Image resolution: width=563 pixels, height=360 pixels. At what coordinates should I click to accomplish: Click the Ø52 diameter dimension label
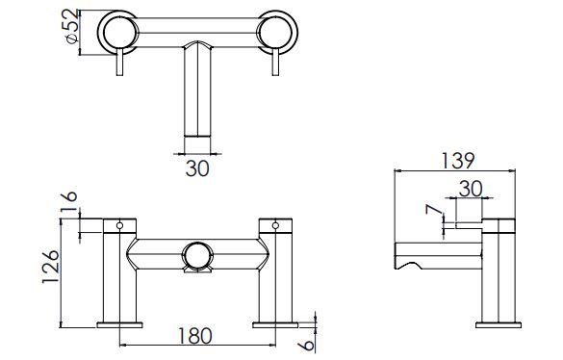[x=72, y=26]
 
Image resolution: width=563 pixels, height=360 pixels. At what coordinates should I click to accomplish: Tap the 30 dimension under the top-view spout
[x=197, y=168]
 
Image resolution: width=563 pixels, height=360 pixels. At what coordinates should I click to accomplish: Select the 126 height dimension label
[x=50, y=267]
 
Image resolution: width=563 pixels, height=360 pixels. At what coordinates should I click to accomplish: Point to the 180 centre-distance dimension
[x=195, y=336]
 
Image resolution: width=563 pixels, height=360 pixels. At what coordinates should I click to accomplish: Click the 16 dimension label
[x=68, y=201]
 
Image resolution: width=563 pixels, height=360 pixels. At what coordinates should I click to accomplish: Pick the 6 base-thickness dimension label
[x=306, y=346]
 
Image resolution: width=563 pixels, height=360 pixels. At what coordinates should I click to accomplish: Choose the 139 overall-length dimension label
[x=457, y=161]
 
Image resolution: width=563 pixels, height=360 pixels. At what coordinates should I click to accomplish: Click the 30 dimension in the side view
[x=471, y=189]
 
